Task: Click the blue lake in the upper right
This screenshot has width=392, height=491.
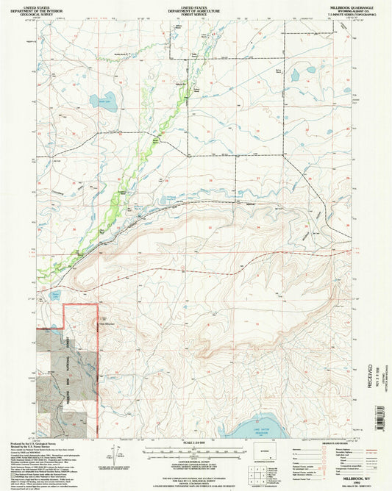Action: tap(295, 74)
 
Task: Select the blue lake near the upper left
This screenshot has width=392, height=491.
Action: tap(107, 104)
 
